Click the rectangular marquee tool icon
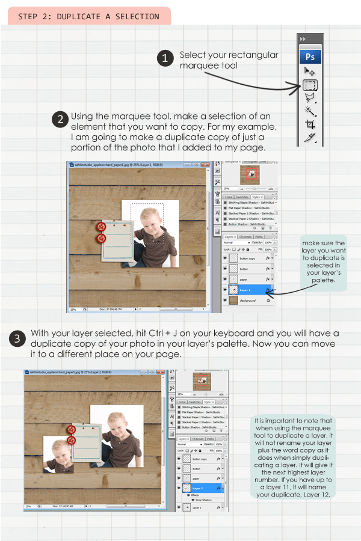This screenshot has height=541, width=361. [x=310, y=85]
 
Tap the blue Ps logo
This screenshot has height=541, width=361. [x=310, y=57]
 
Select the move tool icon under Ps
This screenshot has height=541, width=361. [x=310, y=72]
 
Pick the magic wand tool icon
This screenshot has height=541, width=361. [x=310, y=111]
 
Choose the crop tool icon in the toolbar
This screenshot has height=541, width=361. [x=310, y=124]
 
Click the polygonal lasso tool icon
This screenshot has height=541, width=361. [x=310, y=98]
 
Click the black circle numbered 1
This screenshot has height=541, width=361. [x=165, y=58]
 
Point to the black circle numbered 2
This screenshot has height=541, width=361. [x=60, y=119]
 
